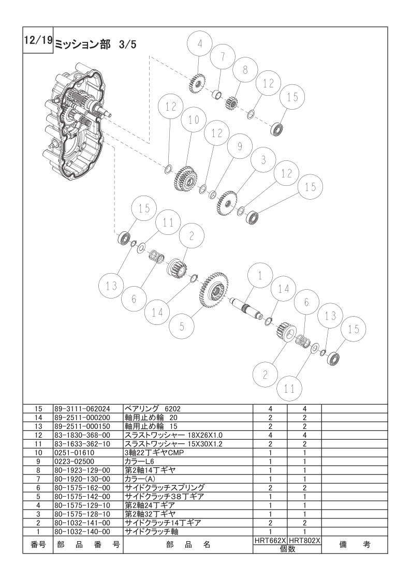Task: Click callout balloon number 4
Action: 200,44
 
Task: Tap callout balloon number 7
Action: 223,57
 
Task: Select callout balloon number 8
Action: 245,70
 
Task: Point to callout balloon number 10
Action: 194,120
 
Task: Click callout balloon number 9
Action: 240,146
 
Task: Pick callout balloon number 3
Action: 263,160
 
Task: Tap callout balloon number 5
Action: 182,326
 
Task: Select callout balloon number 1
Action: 260,276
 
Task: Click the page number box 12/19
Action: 38,40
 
